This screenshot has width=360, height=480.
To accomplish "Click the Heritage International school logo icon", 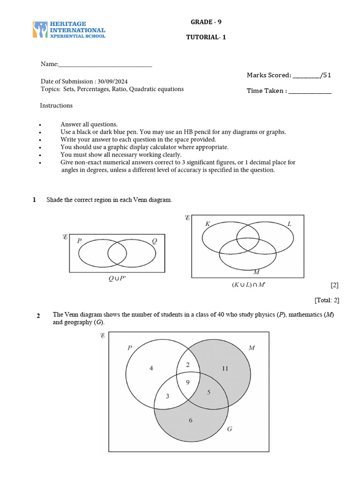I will (x=40, y=29).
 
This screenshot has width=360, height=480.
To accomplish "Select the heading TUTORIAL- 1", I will (x=206, y=37).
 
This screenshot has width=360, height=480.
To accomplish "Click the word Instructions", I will (x=56, y=105).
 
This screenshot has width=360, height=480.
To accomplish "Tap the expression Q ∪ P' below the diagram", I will (x=117, y=278).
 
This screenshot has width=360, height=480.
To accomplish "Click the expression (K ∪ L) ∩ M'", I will (x=248, y=285).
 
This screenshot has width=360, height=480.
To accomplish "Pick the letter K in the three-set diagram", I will (x=207, y=225).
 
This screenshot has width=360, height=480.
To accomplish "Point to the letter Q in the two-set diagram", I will (x=155, y=241).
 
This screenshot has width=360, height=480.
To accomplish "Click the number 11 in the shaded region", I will (x=225, y=368).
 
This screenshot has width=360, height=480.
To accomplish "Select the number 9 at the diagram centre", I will (x=188, y=382).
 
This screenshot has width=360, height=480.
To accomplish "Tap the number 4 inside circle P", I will (x=151, y=368).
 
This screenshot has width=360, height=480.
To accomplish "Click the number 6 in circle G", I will (x=190, y=420).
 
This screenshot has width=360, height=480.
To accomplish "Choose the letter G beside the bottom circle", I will (x=230, y=429).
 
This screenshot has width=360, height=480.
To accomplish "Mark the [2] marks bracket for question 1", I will (x=334, y=285).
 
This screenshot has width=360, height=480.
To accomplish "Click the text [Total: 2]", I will (x=326, y=300).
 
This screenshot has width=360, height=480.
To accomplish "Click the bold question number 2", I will (x=38, y=315).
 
